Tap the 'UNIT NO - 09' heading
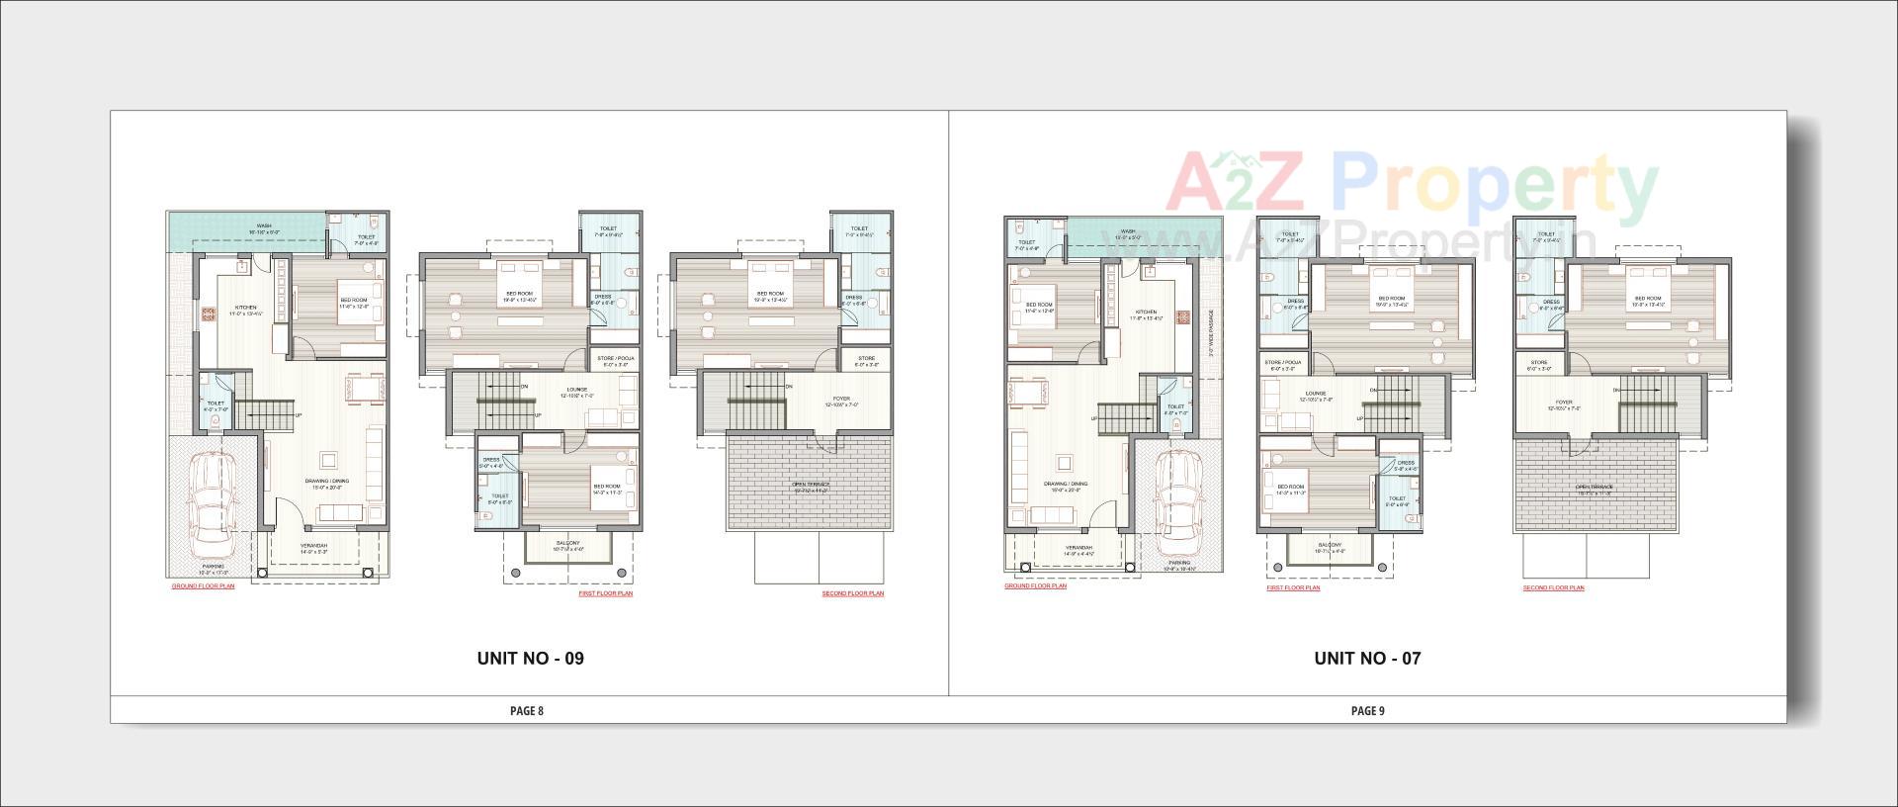530,658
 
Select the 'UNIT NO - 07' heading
1367,658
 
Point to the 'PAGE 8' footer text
527,710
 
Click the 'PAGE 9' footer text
1368,710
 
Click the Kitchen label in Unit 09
244,308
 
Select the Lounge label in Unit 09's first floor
577,390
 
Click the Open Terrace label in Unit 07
1595,487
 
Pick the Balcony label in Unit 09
568,543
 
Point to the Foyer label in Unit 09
841,400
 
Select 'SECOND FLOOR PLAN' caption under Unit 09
853,593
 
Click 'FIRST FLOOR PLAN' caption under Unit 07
1293,588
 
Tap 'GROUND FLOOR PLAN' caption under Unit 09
203,586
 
